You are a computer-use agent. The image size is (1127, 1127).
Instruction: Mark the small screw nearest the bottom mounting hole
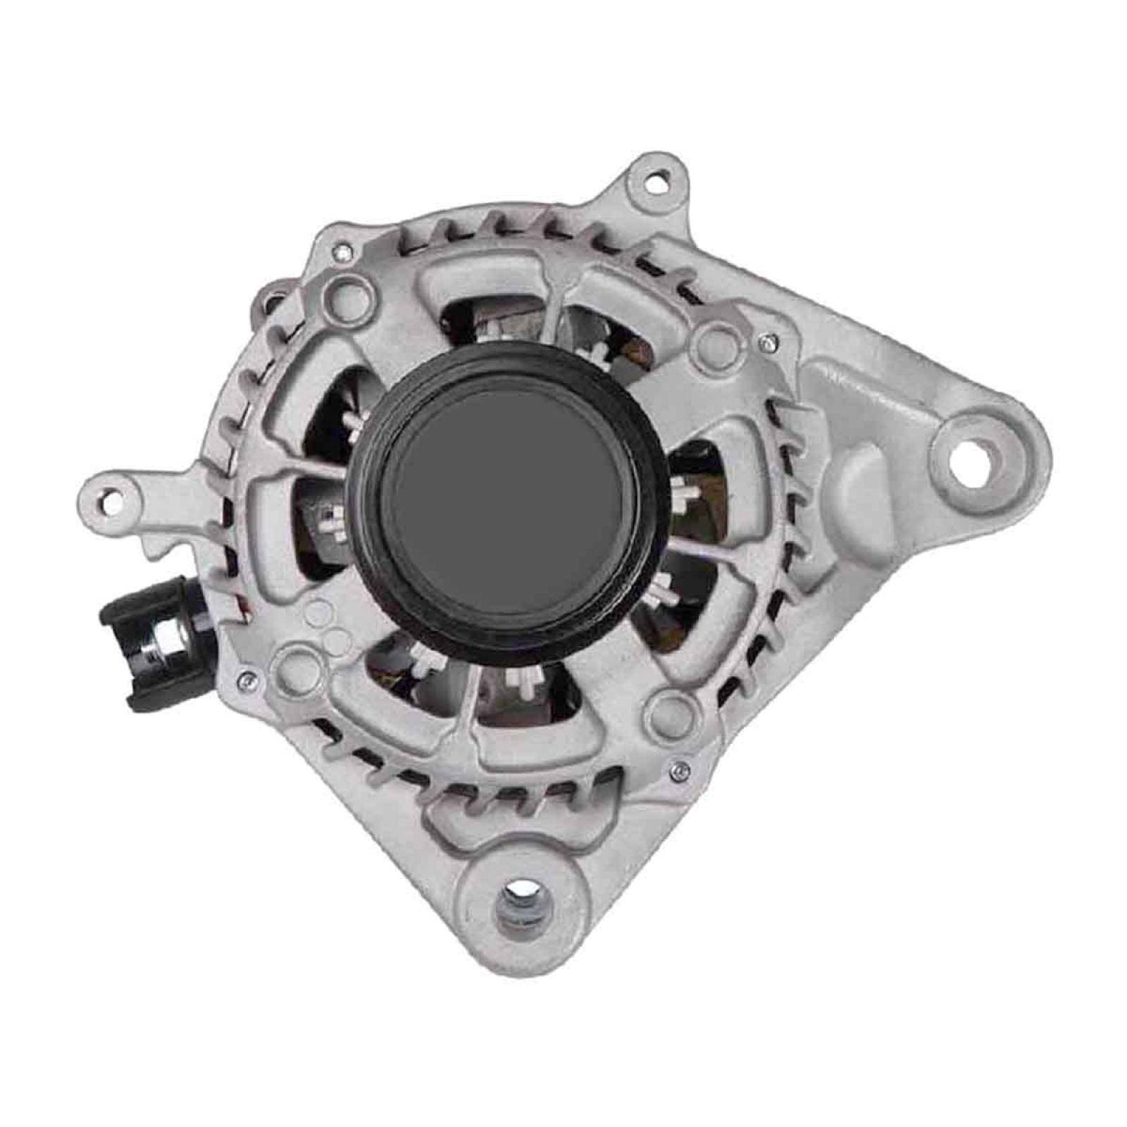[x=678, y=769]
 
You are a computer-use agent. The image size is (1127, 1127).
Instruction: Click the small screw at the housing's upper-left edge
[x=341, y=247]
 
